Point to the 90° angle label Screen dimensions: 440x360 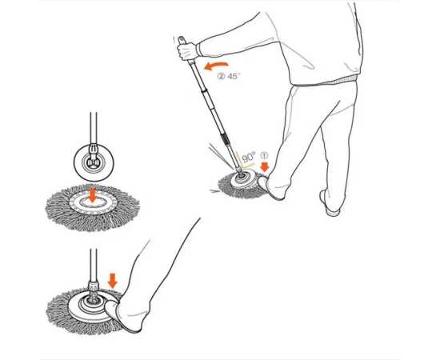(249, 157)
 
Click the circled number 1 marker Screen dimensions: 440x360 (264, 155)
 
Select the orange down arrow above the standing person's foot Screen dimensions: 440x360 (264, 167)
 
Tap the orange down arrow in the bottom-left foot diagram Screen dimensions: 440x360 (113, 281)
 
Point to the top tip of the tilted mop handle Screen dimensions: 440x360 (180, 38)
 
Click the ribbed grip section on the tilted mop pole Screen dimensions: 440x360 (226, 139)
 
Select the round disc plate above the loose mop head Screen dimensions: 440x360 (94, 162)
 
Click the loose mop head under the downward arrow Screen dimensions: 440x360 (92, 208)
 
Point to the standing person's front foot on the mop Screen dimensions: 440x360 (272, 187)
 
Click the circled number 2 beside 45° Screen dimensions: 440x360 (222, 76)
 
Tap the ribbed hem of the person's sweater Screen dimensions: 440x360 (326, 81)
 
